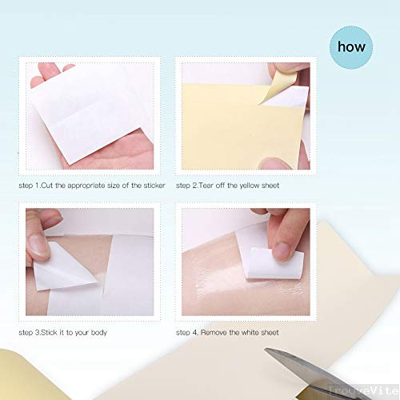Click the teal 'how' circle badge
coord(351,46)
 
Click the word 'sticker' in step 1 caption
coord(150,186)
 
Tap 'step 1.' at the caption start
coord(30,186)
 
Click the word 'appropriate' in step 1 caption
coord(95,186)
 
